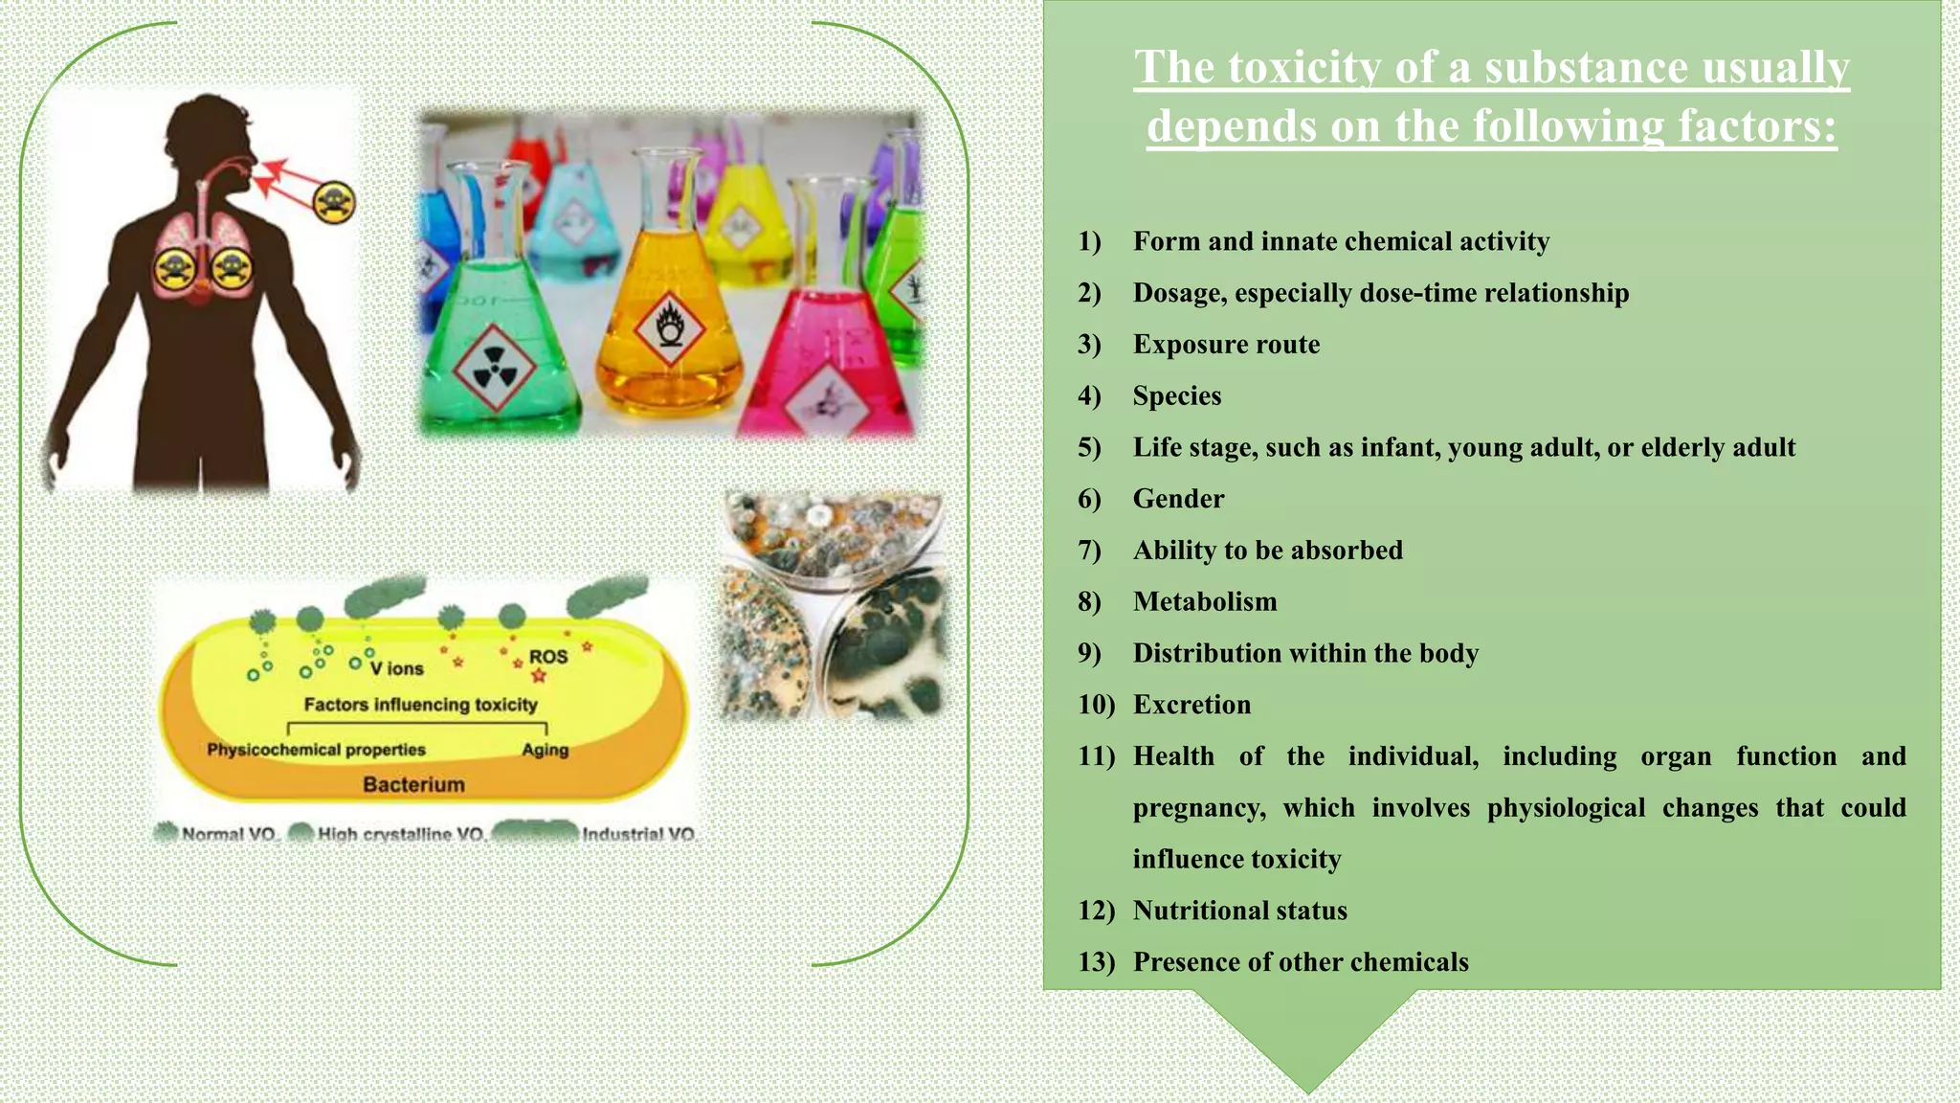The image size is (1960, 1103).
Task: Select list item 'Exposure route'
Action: (x=1226, y=345)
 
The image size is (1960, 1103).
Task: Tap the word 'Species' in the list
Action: (x=1177, y=396)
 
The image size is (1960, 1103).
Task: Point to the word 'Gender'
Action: (x=1178, y=499)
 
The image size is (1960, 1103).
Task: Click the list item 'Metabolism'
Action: (x=1205, y=602)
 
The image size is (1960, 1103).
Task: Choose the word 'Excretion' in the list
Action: (x=1192, y=705)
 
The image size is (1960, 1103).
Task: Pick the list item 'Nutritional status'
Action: (x=1239, y=911)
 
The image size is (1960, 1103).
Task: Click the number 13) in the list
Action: (x=1096, y=962)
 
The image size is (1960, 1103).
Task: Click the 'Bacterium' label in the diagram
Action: (x=413, y=784)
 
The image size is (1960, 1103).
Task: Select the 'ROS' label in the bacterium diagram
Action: (x=548, y=657)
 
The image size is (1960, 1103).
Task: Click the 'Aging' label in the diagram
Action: (x=545, y=750)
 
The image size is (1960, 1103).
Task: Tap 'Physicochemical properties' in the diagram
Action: (x=316, y=750)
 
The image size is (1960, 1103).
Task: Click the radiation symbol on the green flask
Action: (x=494, y=364)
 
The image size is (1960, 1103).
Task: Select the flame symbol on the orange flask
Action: (x=670, y=328)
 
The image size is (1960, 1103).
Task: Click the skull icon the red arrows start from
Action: (x=334, y=202)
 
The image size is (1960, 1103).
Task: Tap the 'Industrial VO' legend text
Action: (x=638, y=834)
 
